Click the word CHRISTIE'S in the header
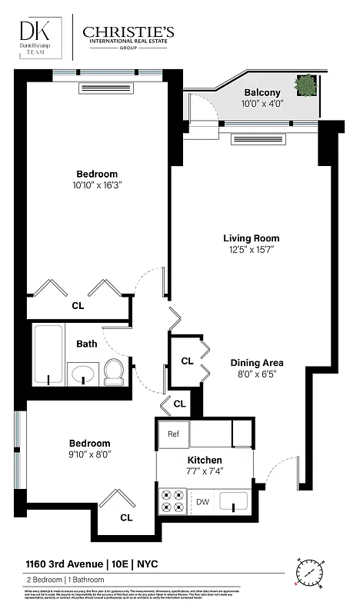tap(128, 32)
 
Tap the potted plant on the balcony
tap(305, 85)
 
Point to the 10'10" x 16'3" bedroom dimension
tap(97, 184)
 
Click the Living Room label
tap(251, 238)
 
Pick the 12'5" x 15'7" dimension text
tap(251, 250)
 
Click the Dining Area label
tap(257, 363)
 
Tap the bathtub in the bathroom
tap(48, 355)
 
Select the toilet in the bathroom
tap(113, 371)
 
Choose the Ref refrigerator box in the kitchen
tap(173, 434)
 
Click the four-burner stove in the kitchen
tap(171, 502)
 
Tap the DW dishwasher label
tap(203, 502)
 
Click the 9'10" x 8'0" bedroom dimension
tap(90, 454)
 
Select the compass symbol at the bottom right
tap(311, 573)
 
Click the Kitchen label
tap(205, 460)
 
